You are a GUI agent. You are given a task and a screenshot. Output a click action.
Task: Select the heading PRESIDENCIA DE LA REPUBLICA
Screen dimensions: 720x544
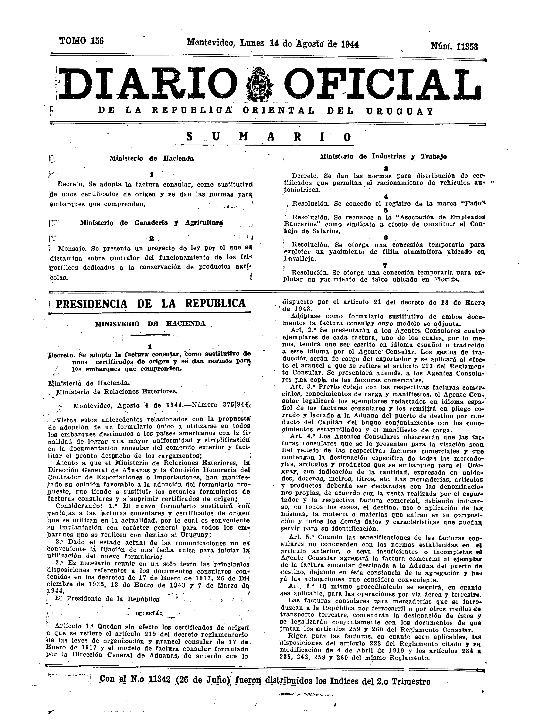click(150, 303)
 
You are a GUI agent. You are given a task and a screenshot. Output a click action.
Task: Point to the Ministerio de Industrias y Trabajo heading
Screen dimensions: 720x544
click(383, 156)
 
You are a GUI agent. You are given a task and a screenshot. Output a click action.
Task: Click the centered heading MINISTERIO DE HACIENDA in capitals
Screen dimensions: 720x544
click(150, 324)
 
